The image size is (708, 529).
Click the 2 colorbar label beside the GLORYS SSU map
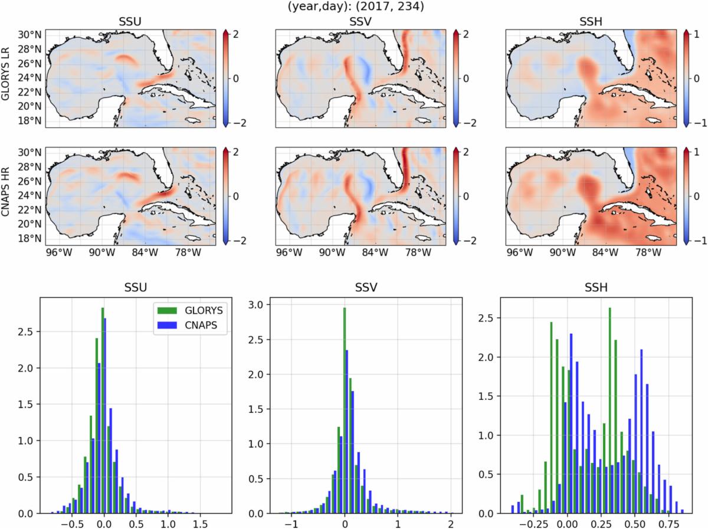coord(234,34)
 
